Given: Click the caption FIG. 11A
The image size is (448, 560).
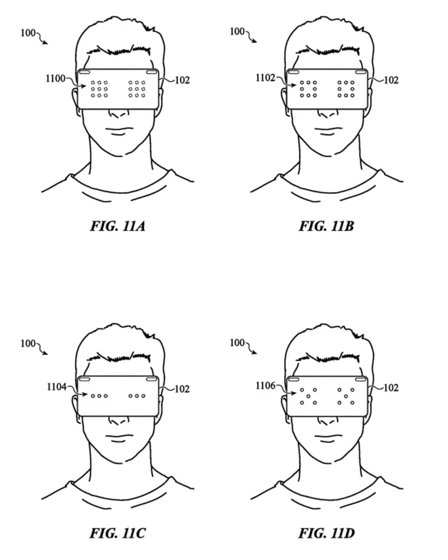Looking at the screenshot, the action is click(x=117, y=226).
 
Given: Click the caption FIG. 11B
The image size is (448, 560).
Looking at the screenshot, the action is click(x=326, y=226).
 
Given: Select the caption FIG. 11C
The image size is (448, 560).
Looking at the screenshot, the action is click(x=117, y=533).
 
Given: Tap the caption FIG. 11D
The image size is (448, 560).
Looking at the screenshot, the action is click(x=326, y=533).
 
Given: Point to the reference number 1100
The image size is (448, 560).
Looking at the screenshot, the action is click(x=55, y=78).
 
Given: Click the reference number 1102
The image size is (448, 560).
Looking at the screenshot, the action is click(x=265, y=78).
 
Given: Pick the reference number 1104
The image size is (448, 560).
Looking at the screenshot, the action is click(x=57, y=387).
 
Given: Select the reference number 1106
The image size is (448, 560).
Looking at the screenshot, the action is click(x=266, y=386).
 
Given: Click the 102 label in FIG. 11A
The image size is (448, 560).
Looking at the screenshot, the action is click(x=182, y=80).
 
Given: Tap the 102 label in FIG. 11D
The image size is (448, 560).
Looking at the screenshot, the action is click(x=391, y=388).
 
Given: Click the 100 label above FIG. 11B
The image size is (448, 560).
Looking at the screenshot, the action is click(x=237, y=31).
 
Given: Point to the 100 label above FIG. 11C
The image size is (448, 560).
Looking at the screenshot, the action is click(x=28, y=343).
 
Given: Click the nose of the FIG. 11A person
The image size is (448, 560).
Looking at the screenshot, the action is click(x=119, y=114).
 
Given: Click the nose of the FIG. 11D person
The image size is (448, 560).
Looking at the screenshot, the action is click(x=327, y=422).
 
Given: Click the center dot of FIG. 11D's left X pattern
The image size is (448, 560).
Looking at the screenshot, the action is click(x=308, y=396).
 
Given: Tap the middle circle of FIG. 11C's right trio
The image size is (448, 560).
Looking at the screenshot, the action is click(x=137, y=396).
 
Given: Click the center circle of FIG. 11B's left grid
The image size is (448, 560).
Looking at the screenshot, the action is click(x=308, y=89).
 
